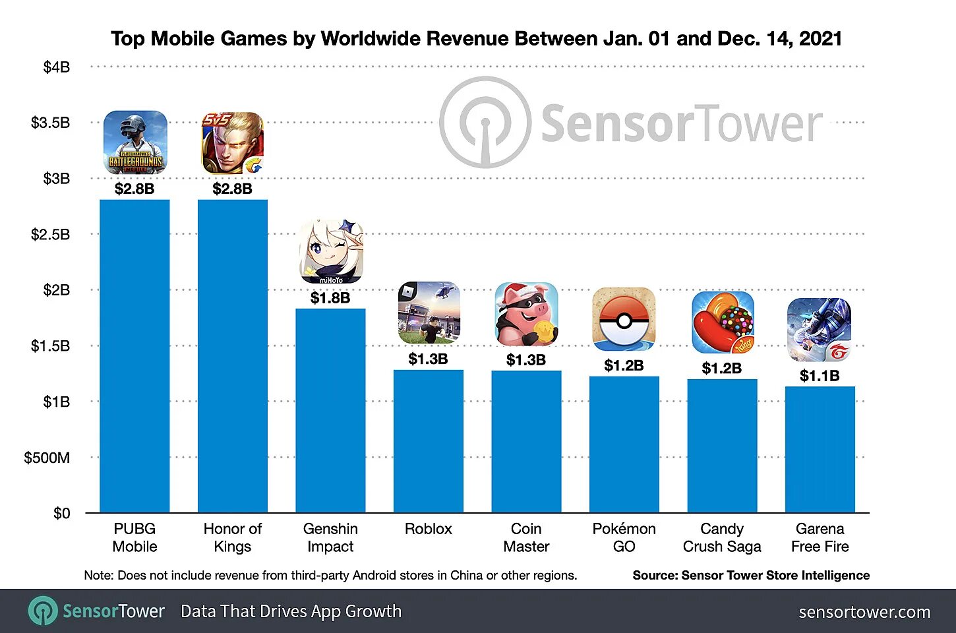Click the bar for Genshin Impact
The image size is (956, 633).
coord(330,410)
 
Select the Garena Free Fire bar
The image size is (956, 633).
coord(820,449)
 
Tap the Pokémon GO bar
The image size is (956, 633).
coord(624,444)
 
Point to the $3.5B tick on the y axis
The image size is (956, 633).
coord(50,123)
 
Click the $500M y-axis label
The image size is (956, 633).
coord(47,458)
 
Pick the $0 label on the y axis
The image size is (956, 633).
coord(61,513)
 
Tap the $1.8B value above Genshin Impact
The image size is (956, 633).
coord(330,298)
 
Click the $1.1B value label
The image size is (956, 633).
coord(820,376)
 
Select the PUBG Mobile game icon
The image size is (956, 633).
coord(135,142)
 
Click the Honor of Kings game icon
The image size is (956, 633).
coord(232,142)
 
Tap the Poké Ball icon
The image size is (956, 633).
coord(624,319)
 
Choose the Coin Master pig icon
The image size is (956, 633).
coord(526,315)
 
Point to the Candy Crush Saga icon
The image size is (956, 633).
coord(723,322)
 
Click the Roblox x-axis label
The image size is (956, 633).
coord(429,529)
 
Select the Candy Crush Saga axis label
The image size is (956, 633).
coord(722,537)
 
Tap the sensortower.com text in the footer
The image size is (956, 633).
coord(864,612)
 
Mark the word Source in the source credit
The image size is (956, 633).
coord(653,575)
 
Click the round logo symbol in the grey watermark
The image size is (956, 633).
coord(485,123)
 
